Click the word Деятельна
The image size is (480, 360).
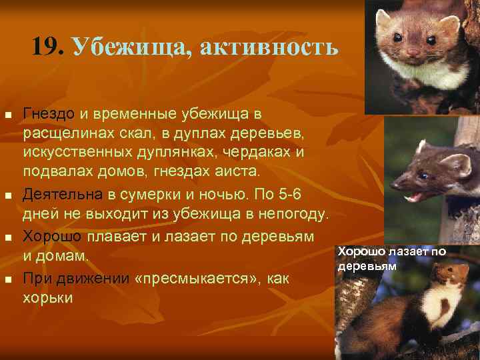pos(63,194)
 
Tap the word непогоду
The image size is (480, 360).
pos(292,215)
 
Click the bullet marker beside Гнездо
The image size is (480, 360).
pos(8,114)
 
